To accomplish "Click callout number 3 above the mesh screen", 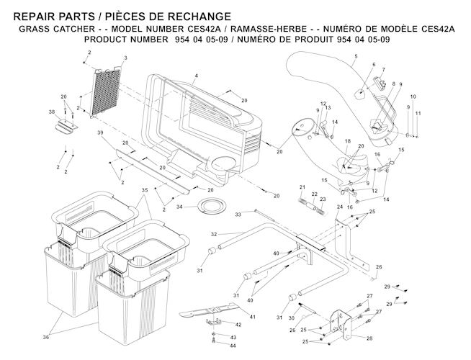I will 125,58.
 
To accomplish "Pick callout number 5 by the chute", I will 356,56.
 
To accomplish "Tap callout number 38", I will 51,112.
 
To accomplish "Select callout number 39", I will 101,133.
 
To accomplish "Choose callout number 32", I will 214,235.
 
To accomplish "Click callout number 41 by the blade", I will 252,318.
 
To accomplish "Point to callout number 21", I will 302,187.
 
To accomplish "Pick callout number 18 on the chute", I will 347,141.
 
